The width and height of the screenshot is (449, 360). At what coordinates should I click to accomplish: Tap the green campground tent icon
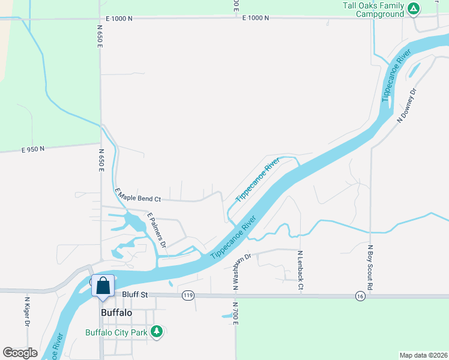pyautogui.click(x=413, y=8)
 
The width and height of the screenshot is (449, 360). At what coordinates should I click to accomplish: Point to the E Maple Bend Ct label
pyautogui.click(x=137, y=194)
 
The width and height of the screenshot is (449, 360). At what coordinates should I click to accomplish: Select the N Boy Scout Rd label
pyautogui.click(x=370, y=268)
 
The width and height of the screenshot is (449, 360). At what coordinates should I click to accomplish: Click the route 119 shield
pyautogui.click(x=188, y=295)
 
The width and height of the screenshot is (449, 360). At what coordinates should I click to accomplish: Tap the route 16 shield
pyautogui.click(x=360, y=296)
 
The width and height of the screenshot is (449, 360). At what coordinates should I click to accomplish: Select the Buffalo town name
pyautogui.click(x=116, y=313)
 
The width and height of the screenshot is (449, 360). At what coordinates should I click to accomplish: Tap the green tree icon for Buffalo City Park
pyautogui.click(x=157, y=331)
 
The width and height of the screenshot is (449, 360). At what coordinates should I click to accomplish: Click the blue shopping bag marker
pyautogui.click(x=103, y=286)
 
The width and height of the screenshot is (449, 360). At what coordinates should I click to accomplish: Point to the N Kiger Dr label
pyautogui.click(x=28, y=311)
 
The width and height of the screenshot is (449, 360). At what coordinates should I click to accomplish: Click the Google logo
pyautogui.click(x=20, y=353)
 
